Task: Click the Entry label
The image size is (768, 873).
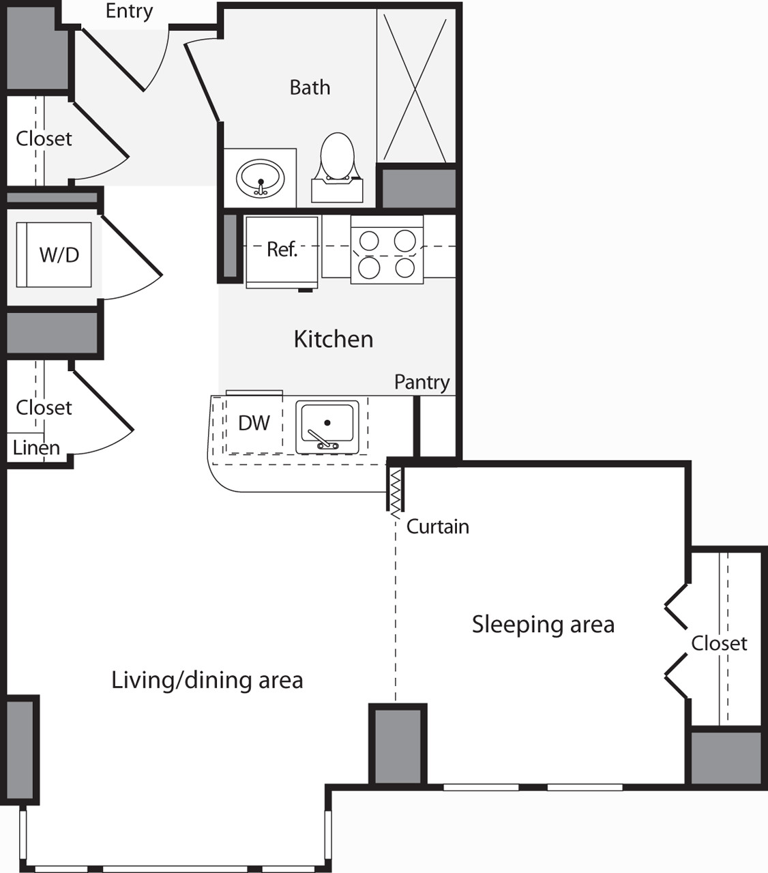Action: click(x=129, y=12)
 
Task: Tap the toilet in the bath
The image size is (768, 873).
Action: click(x=338, y=167)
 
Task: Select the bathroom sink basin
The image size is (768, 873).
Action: click(x=261, y=179)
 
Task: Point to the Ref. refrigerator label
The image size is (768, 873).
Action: click(x=282, y=249)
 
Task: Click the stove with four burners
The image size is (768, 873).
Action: click(x=387, y=249)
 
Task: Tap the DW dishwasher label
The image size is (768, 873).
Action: click(x=254, y=423)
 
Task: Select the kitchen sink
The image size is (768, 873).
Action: click(x=327, y=426)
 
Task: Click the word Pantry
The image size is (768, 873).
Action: click(x=422, y=383)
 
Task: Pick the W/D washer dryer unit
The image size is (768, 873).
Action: click(x=54, y=254)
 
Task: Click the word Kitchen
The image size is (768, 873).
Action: click(x=333, y=339)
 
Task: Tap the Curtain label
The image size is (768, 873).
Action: click(x=437, y=527)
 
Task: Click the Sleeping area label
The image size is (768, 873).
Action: click(x=543, y=625)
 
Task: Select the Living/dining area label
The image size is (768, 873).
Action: click(x=207, y=681)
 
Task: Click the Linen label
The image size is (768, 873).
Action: click(x=36, y=448)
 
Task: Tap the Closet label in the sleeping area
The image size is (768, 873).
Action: click(x=719, y=644)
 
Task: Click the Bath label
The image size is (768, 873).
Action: click(x=310, y=87)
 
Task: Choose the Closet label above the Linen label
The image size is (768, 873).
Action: click(x=44, y=408)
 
